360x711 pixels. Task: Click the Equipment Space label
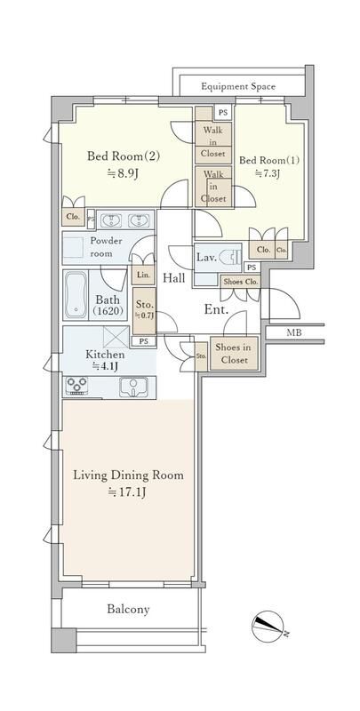pos(237,86)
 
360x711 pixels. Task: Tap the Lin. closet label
pos(142,276)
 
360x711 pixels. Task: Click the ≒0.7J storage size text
pos(143,316)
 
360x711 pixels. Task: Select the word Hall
pos(174,277)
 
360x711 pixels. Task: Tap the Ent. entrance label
pos(216,311)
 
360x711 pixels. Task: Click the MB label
pos(292,333)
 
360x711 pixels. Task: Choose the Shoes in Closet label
pos(233,354)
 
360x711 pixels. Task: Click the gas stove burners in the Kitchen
pos(76,387)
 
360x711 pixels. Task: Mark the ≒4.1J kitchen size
pos(107,365)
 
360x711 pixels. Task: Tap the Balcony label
pos(129,610)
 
